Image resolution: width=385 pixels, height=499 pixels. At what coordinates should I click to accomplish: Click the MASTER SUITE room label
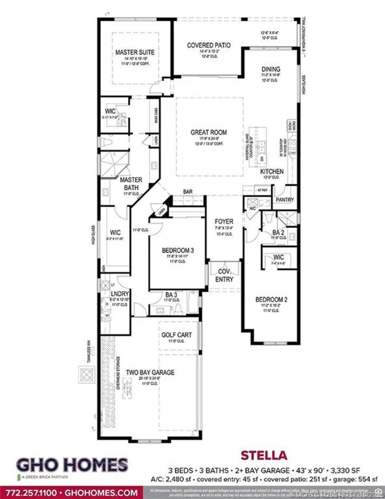(135, 52)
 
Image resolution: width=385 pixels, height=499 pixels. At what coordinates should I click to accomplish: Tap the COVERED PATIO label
(209, 45)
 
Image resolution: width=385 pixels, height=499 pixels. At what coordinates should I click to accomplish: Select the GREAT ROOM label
(209, 132)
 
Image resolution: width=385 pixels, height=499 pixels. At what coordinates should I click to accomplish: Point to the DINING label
(271, 69)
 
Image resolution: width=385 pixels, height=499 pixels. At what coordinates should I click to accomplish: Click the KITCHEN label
(272, 171)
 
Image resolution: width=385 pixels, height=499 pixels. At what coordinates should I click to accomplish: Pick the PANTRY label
(285, 199)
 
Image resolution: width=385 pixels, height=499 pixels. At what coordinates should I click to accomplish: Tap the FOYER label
(224, 221)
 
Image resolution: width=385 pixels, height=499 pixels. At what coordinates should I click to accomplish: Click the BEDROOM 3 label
(178, 250)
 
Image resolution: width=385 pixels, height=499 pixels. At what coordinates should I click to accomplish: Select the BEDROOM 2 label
(271, 300)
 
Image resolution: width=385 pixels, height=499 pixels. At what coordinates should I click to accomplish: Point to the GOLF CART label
(176, 335)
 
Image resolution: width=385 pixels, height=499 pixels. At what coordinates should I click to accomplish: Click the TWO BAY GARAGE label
(150, 372)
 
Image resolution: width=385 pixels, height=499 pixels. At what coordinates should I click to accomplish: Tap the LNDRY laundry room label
(120, 294)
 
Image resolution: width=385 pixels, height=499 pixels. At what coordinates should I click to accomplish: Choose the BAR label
(188, 192)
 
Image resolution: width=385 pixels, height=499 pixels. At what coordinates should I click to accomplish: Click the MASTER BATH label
(131, 184)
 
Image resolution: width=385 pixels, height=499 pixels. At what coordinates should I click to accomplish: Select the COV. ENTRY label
(224, 275)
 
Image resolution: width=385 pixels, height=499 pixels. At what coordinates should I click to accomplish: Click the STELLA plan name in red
(264, 455)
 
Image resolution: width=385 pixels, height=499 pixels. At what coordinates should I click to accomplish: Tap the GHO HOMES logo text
(72, 465)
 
